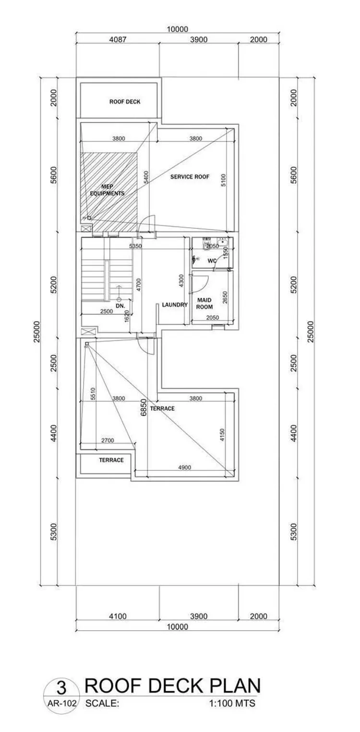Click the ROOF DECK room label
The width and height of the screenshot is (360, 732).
click(x=125, y=102)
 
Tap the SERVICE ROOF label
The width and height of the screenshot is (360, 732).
click(x=190, y=177)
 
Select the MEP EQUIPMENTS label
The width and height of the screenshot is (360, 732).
click(x=107, y=190)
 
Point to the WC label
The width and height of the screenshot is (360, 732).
click(x=212, y=261)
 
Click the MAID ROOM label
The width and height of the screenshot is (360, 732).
click(x=204, y=303)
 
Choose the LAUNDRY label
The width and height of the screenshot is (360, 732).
click(x=175, y=305)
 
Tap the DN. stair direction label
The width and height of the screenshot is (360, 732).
click(x=120, y=306)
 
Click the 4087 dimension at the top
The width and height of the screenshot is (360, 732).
click(x=117, y=39)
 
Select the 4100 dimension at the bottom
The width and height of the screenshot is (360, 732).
click(x=118, y=616)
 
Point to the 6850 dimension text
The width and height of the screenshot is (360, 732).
click(x=144, y=408)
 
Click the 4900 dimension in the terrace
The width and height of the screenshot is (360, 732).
click(x=185, y=468)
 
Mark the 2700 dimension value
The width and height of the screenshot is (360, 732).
click(x=108, y=441)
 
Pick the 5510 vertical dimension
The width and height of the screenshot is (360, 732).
click(x=93, y=394)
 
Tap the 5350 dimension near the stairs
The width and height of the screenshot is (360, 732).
click(x=135, y=246)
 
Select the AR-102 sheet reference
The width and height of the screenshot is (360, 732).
click(x=62, y=703)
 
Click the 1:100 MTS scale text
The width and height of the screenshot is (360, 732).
click(x=232, y=703)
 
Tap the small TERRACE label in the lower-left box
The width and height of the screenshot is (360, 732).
click(x=111, y=460)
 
